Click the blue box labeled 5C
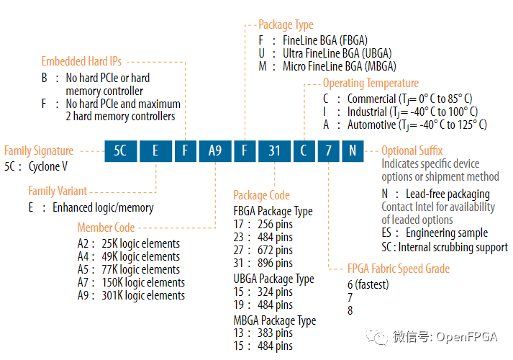(120, 151)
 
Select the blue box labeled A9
(215, 151)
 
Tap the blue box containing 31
(273, 151)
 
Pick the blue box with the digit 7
(328, 151)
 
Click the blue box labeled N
(353, 151)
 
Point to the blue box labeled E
(155, 151)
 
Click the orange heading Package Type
(286, 24)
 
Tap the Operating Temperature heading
(371, 84)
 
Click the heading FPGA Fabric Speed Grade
(399, 269)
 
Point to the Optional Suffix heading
(412, 150)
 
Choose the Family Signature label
(39, 150)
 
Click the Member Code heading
(106, 228)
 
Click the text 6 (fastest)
(368, 284)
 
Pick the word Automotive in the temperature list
(372, 125)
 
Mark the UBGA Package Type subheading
(273, 279)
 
